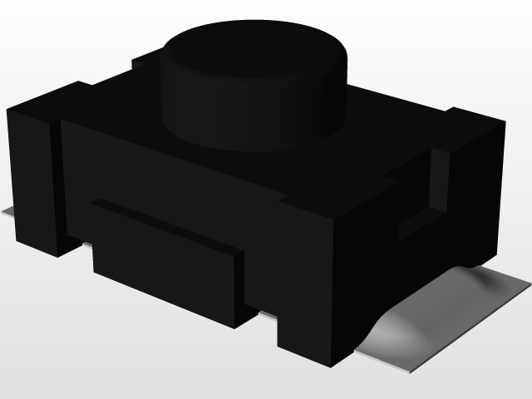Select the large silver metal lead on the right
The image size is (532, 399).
[449, 316]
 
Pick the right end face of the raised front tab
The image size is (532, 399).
[241, 287]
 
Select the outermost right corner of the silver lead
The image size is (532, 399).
[527, 287]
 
